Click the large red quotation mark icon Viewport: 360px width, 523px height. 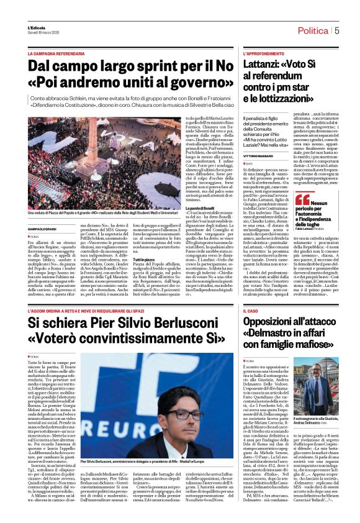(302, 199)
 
